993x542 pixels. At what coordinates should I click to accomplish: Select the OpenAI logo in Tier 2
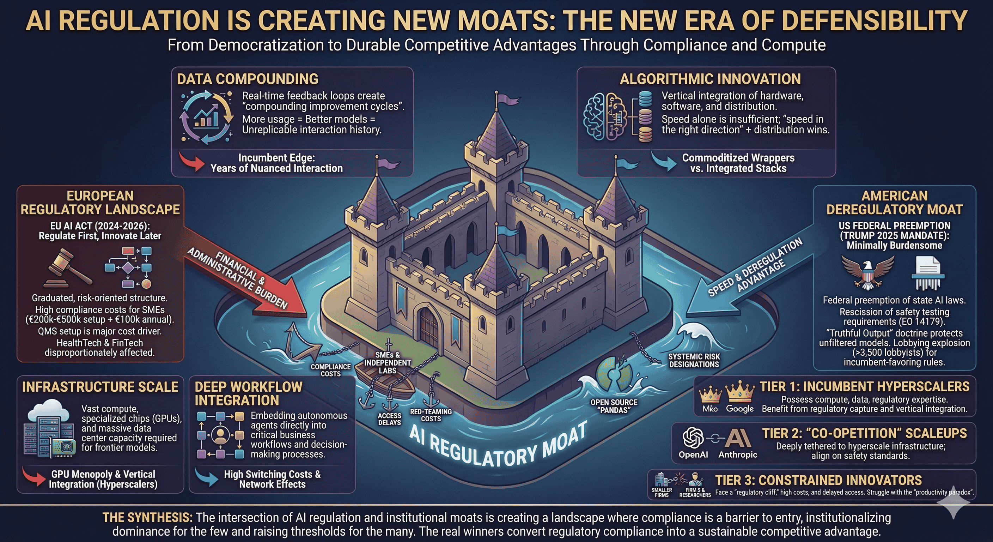(x=693, y=438)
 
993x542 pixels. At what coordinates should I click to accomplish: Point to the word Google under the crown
(x=740, y=409)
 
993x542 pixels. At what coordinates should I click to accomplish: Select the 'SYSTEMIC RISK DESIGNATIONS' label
(x=694, y=360)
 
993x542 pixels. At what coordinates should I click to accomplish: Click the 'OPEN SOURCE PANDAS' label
(x=614, y=406)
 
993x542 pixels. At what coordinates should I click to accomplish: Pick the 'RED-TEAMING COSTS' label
(x=431, y=415)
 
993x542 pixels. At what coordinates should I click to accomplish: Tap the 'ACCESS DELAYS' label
(x=389, y=419)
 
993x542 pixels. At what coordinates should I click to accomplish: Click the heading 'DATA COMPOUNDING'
(x=248, y=79)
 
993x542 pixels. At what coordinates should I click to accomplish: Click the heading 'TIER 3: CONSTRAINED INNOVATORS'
(x=818, y=480)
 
